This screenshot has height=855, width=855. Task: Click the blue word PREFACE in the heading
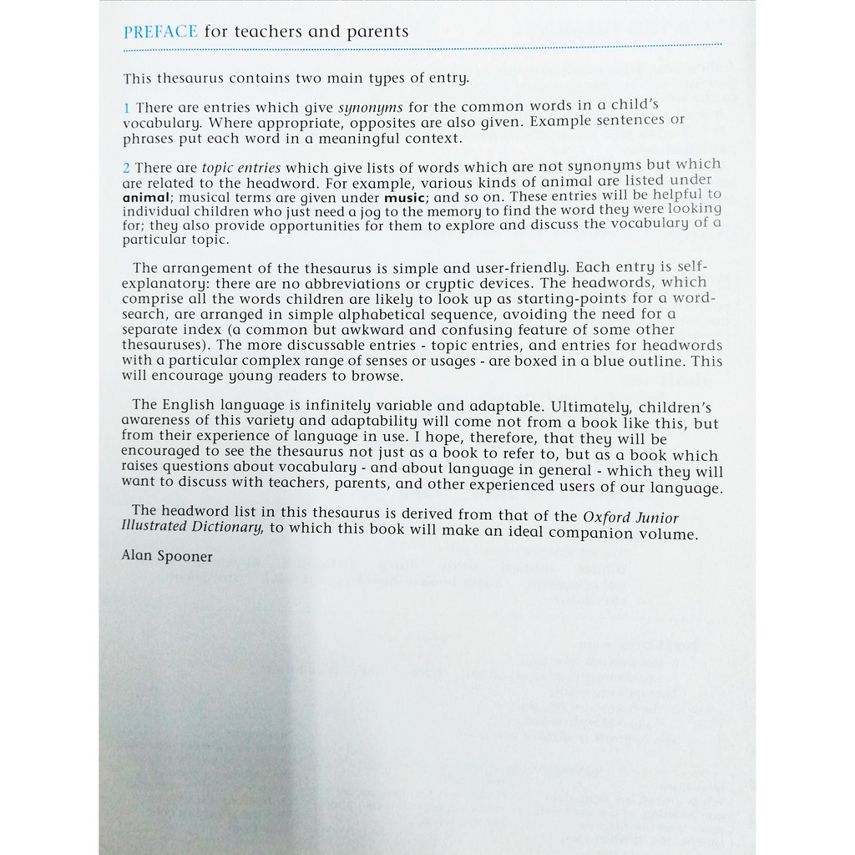[160, 32]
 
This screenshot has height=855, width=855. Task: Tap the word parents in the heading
[379, 32]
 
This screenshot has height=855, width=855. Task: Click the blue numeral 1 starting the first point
[126, 107]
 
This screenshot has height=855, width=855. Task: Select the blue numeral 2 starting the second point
[127, 168]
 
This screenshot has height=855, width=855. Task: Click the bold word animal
[145, 198]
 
